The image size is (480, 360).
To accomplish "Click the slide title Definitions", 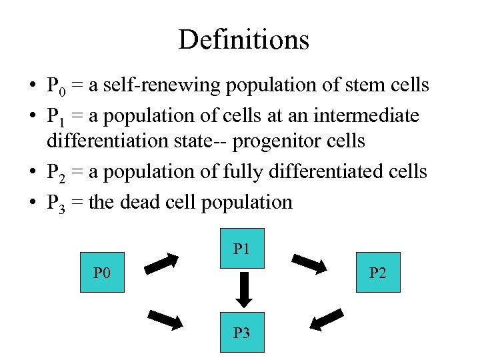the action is point(243,40).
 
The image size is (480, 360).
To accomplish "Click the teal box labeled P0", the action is point(102,272).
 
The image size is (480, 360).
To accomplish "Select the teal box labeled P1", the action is point(242,249).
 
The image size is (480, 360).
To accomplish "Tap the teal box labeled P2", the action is point(378,272).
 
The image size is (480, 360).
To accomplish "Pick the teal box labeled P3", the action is point(242,332).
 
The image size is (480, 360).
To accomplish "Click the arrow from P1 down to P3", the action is point(243,290).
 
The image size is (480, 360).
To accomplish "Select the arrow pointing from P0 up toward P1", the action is point(162,263).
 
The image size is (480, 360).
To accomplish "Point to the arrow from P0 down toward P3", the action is point(165,320).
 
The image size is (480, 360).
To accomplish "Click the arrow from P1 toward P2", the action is point(309,264).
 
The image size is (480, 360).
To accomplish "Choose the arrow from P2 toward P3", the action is point(327,319).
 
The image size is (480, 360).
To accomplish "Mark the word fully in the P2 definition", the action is point(223,172).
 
